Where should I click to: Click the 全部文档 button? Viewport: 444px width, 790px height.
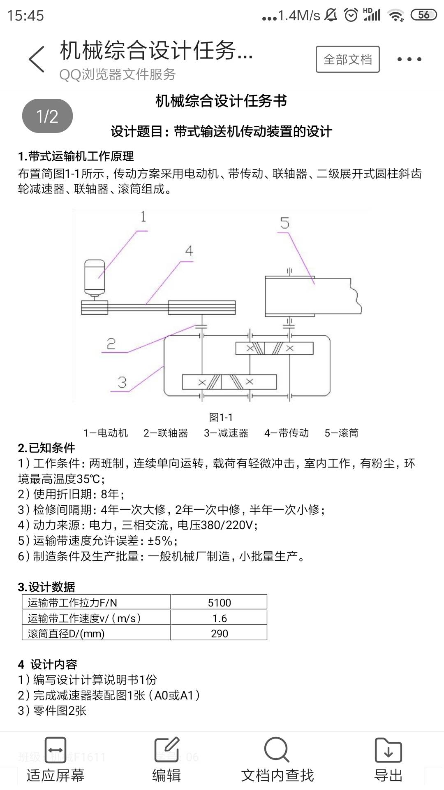point(347,59)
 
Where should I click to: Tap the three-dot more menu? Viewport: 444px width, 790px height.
point(409,59)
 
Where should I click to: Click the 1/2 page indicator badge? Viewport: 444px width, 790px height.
point(47,116)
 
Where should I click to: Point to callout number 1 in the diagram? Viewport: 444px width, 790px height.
point(143,216)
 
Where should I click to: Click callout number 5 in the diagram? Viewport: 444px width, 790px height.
point(284,223)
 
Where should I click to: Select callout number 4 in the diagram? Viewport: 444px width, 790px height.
point(189,251)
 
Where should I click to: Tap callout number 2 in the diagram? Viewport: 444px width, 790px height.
point(111,344)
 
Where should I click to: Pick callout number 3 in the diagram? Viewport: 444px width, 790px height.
point(122,382)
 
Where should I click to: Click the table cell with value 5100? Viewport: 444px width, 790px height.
point(219,602)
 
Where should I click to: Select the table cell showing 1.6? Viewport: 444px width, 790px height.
point(219,618)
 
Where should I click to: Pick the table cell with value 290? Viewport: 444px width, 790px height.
point(219,633)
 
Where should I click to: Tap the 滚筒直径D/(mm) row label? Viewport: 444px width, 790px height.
point(66,633)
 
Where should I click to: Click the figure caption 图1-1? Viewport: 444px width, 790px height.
point(221,417)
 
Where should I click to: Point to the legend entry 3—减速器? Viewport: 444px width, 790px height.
point(226,433)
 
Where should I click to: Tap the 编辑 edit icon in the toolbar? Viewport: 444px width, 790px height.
point(166,750)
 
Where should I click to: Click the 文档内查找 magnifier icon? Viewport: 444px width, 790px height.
point(277,750)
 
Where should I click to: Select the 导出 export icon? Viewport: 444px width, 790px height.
point(388,750)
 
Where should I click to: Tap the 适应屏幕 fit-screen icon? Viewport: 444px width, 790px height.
point(55,750)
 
